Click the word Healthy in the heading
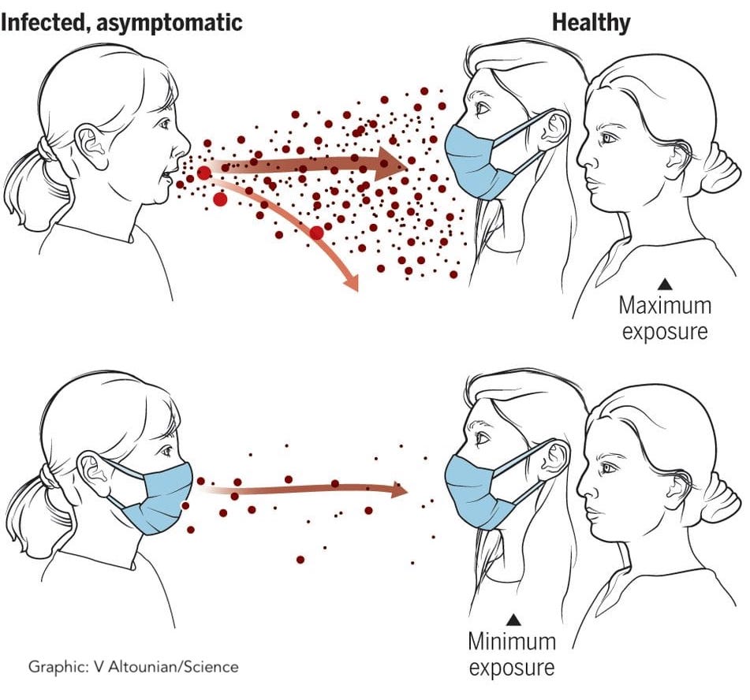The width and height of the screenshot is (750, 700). pos(591,23)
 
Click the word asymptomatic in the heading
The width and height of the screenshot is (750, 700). pos(170,23)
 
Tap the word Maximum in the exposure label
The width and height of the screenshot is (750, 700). pos(665,305)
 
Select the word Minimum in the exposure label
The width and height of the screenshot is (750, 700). pos(512,641)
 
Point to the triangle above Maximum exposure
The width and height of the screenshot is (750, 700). pos(664,285)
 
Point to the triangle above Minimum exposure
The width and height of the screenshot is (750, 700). pos(513,620)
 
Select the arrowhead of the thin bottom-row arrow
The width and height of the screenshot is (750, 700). pos(399,490)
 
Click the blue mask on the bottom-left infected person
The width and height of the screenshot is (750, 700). pos(159,498)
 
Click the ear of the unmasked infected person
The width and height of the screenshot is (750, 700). pos(92,147)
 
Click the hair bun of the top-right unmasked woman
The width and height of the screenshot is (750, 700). pos(721,168)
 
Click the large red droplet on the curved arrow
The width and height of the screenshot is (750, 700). pos(316,233)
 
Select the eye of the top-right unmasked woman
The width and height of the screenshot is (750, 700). pos(608,138)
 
